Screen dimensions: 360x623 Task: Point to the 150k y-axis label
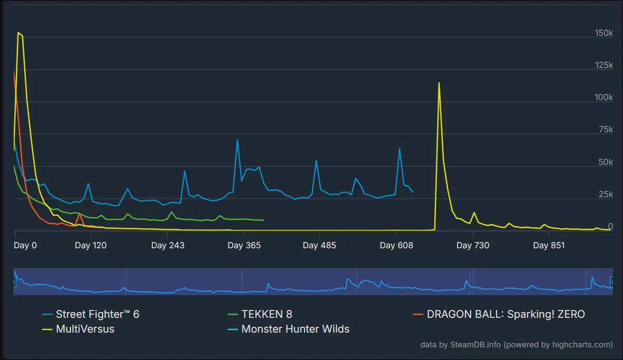click(603, 33)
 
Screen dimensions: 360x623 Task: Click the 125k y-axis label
click(603, 65)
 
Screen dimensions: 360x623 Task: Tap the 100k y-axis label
click(603, 98)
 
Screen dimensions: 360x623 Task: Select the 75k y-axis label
click(606, 130)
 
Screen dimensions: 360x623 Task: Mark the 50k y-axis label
click(606, 162)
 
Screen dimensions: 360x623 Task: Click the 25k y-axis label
click(606, 194)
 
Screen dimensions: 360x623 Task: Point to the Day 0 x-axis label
click(25, 245)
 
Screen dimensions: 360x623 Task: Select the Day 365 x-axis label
click(244, 245)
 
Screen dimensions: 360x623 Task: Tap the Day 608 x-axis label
click(396, 245)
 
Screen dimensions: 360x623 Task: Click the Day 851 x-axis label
click(549, 245)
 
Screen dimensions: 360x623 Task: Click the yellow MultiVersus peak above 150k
click(18, 33)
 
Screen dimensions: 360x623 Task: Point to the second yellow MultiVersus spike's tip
click(439, 83)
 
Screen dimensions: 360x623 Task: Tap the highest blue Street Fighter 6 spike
click(237, 140)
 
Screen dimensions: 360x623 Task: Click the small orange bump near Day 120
click(79, 213)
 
